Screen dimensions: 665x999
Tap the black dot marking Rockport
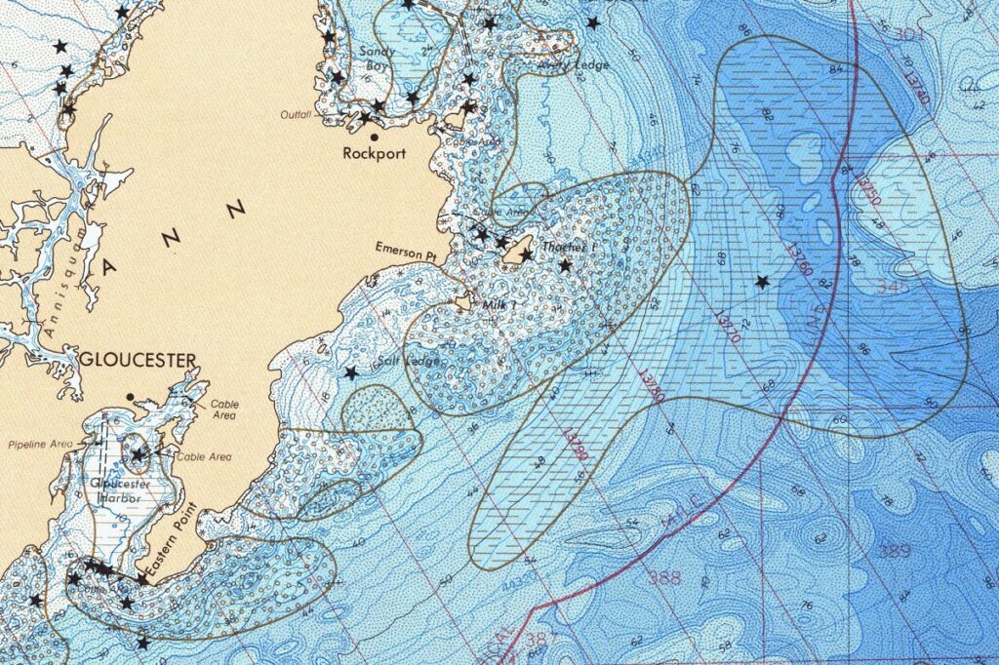[374, 137]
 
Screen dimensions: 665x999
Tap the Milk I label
[499, 305]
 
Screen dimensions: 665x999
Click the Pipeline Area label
[40, 445]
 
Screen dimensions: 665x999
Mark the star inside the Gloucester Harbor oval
[139, 454]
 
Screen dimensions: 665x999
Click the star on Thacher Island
[526, 255]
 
